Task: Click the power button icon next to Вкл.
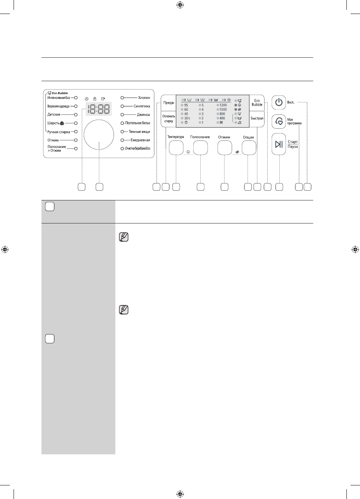[x=279, y=102]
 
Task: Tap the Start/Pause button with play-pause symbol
[x=279, y=144]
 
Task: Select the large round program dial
[x=99, y=134]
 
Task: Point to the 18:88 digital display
[x=99, y=109]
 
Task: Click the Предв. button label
[x=169, y=103]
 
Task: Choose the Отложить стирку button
[x=168, y=119]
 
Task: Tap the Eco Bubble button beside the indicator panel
[x=257, y=103]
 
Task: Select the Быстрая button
[x=257, y=119]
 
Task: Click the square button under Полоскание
[x=200, y=148]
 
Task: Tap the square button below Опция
[x=249, y=148]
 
